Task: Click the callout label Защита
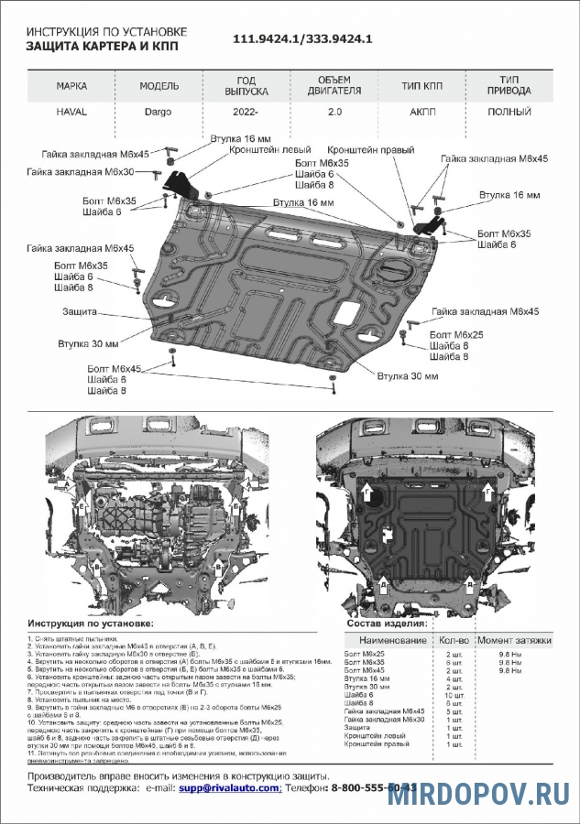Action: coord(80,312)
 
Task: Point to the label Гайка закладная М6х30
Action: coord(81,171)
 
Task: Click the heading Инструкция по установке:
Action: coord(90,622)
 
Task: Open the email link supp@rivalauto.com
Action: coord(230,787)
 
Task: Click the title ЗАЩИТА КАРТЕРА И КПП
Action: coord(103,46)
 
